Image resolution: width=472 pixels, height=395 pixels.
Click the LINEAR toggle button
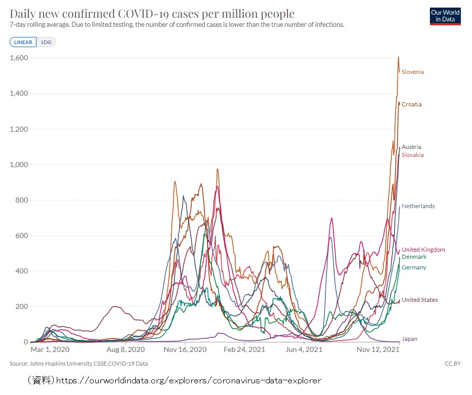(23, 42)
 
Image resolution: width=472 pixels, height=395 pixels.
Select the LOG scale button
(46, 42)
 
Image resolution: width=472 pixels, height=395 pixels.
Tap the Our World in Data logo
(445, 16)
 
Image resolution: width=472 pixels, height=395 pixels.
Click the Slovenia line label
(413, 72)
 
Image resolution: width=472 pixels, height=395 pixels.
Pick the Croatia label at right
(412, 104)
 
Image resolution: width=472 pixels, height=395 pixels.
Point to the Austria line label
(411, 147)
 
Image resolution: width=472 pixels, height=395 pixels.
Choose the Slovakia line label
(412, 155)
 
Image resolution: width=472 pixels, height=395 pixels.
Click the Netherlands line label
(418, 206)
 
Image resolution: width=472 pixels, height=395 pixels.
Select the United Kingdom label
(423, 250)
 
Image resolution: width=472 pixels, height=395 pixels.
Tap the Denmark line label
(414, 257)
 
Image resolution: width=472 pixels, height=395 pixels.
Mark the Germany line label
(414, 267)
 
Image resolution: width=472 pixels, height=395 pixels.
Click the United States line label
(419, 300)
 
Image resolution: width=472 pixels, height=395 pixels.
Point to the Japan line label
(409, 339)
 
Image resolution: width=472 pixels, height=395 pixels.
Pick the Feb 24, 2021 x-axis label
(245, 349)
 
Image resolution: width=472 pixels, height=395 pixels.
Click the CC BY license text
(453, 364)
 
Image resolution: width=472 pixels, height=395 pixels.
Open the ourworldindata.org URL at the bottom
(188, 380)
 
